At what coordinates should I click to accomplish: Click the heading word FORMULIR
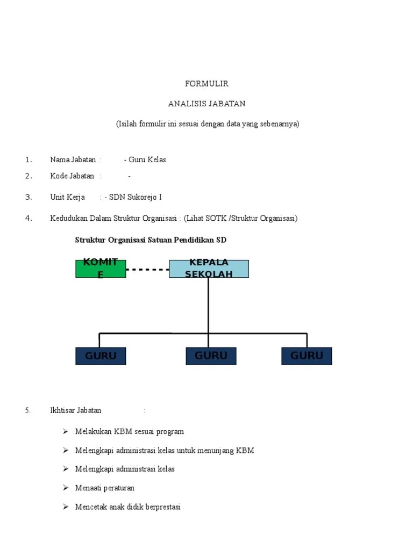(x=206, y=84)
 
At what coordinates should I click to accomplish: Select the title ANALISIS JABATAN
(x=206, y=104)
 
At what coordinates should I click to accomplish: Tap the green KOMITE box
(x=101, y=269)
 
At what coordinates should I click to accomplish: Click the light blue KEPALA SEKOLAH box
(x=209, y=269)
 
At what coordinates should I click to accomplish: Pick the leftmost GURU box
(x=101, y=356)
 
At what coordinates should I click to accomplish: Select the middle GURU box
(x=211, y=356)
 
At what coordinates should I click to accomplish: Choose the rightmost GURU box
(x=307, y=356)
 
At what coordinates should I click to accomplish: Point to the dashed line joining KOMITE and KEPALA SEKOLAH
(x=147, y=269)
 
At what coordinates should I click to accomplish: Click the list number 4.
(x=29, y=218)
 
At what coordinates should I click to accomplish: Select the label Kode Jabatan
(x=72, y=176)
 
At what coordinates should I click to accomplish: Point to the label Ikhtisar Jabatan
(x=75, y=410)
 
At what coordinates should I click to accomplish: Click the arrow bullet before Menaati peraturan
(x=66, y=488)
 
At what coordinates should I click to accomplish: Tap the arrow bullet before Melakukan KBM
(x=66, y=431)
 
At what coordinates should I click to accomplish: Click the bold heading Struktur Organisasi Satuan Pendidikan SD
(x=151, y=240)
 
